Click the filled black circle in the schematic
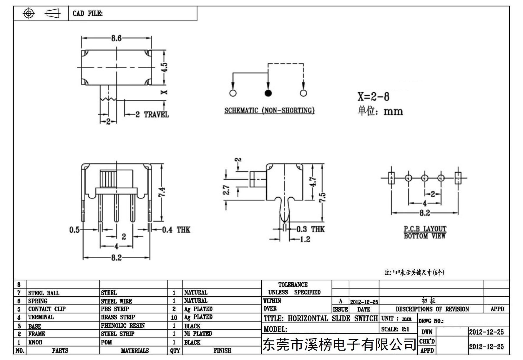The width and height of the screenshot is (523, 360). pyautogui.click(x=268, y=93)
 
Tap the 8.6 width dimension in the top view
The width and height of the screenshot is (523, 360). pyautogui.click(x=116, y=38)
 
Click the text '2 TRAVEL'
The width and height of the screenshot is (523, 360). pyautogui.click(x=152, y=115)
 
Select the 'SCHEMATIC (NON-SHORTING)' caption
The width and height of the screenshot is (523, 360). pyautogui.click(x=269, y=111)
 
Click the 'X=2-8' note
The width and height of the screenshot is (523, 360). pyautogui.click(x=373, y=97)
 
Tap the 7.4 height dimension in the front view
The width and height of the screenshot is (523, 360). pyautogui.click(x=162, y=192)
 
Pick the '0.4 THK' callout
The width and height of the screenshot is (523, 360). pyautogui.click(x=176, y=230)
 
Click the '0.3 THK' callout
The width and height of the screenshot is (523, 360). pyautogui.click(x=310, y=229)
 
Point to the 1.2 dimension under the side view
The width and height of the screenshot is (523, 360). pyautogui.click(x=305, y=239)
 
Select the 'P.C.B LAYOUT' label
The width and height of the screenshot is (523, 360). pyautogui.click(x=425, y=229)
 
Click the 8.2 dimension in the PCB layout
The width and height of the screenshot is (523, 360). pyautogui.click(x=425, y=213)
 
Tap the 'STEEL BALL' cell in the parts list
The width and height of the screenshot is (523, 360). pyautogui.click(x=44, y=293)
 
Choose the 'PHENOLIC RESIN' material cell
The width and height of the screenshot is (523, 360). pyautogui.click(x=123, y=326)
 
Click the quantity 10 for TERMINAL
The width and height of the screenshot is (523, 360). pyautogui.click(x=174, y=318)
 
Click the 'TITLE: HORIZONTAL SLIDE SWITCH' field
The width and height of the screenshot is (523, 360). pyautogui.click(x=321, y=318)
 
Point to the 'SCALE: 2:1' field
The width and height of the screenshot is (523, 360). pyautogui.click(x=395, y=329)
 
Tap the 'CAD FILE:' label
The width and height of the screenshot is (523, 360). pyautogui.click(x=88, y=14)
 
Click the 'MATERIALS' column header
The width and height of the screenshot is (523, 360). pyautogui.click(x=135, y=351)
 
